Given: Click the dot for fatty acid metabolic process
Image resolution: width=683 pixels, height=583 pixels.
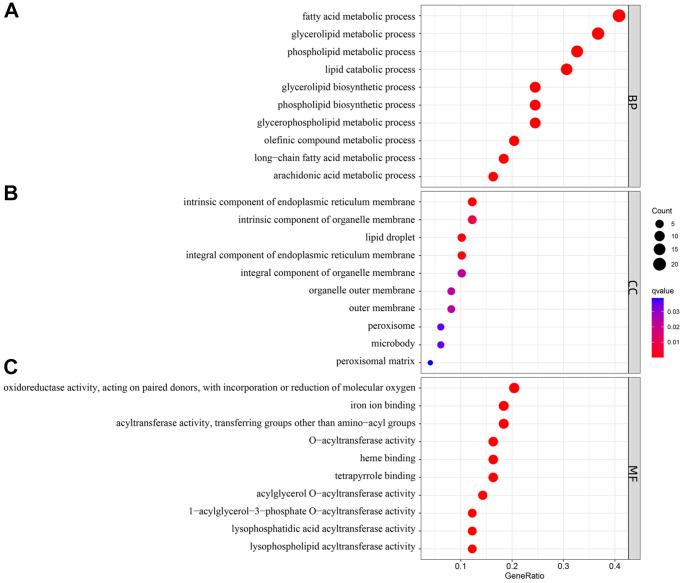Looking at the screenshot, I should (619, 15).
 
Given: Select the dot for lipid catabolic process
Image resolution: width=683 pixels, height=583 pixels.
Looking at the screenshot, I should (567, 69).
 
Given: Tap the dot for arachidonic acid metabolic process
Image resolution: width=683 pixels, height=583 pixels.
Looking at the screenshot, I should (493, 176).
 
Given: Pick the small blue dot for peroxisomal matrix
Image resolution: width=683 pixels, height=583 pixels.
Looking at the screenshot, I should (430, 363).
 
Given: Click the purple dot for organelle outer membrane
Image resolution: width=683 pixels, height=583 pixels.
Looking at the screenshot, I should (451, 291).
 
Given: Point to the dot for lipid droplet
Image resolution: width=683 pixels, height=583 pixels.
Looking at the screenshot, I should (461, 238).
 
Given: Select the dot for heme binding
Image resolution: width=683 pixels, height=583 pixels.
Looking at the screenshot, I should (493, 459).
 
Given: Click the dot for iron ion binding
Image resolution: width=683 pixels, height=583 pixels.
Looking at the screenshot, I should (503, 406).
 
